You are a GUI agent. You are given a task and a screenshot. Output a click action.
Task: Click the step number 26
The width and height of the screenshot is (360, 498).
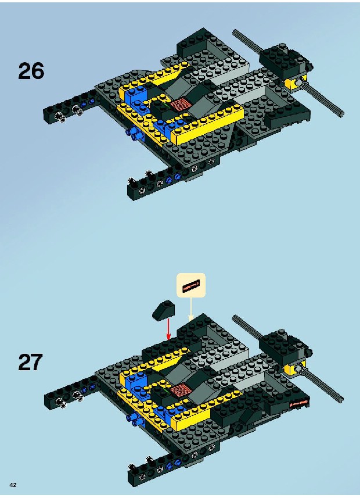click(31, 71)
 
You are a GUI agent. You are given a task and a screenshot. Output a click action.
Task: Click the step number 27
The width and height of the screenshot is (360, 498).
click(30, 362)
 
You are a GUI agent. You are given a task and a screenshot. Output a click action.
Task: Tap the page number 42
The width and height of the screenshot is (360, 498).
click(13, 485)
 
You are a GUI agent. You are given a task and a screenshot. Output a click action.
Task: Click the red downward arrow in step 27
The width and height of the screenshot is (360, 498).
click(168, 329)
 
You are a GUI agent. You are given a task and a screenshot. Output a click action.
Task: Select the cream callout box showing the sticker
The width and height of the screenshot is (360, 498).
click(191, 285)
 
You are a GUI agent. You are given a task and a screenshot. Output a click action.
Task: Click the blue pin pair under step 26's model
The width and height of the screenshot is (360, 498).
click(135, 134)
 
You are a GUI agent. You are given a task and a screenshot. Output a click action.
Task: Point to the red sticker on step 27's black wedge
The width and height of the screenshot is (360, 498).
click(298, 403)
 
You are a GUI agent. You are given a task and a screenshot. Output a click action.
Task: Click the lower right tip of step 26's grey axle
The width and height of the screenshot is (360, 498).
click(342, 114)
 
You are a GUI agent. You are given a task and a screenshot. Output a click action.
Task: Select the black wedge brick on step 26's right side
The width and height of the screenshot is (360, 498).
click(287, 117)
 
